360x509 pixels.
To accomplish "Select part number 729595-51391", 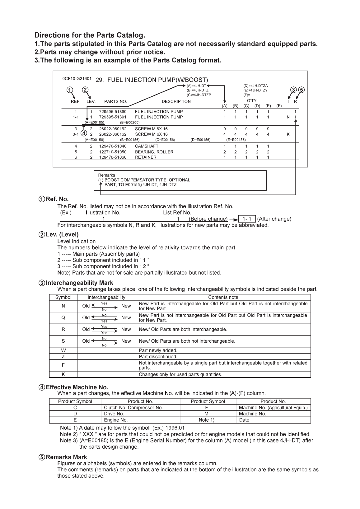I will point(113,117).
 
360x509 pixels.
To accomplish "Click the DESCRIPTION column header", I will point(176,101).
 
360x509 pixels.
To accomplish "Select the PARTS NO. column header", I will point(116,101).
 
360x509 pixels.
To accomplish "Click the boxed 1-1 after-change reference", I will point(247,219).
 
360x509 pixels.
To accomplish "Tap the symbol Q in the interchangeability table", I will point(63,318).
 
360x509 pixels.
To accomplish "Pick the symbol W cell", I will point(63,350).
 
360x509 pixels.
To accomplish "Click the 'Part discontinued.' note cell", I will point(158,357).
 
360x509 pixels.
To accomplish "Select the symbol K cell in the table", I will point(63,374).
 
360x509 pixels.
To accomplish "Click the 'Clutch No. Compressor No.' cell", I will point(133,408).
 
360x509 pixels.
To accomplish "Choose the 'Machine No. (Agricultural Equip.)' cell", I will point(273,408).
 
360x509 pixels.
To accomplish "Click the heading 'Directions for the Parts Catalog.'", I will point(90,35).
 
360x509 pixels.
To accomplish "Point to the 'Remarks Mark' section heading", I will point(66,457).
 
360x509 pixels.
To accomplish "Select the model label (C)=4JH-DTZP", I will point(199,95).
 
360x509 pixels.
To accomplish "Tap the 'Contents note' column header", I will point(223,297).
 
